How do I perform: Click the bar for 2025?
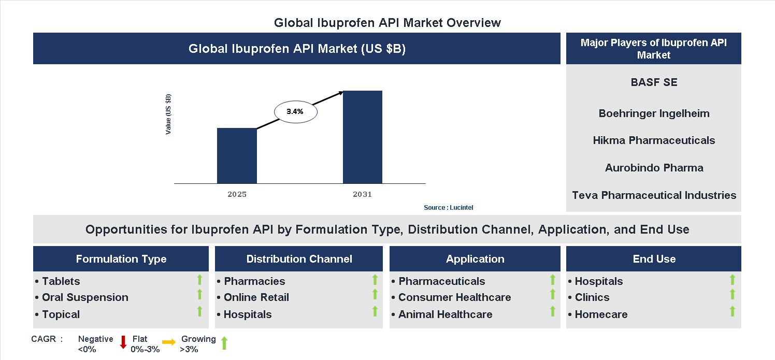[x=237, y=155]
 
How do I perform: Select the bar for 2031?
[x=363, y=137]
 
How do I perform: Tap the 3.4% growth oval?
[x=295, y=111]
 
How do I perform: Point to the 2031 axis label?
[x=362, y=195]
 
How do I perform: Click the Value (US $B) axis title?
[x=168, y=114]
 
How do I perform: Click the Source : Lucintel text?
[x=448, y=208]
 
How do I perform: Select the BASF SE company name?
[x=654, y=82]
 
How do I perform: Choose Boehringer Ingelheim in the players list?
[x=654, y=113]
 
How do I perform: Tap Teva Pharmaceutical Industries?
[x=654, y=195]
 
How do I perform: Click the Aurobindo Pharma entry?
[x=654, y=168]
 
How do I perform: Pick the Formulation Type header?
[x=121, y=259]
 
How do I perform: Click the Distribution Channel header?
[x=299, y=259]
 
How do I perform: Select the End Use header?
[x=654, y=259]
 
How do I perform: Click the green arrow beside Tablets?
[x=199, y=280]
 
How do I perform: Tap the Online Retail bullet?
[x=256, y=297]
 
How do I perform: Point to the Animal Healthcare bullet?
[x=445, y=314]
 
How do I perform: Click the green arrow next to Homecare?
[x=732, y=311]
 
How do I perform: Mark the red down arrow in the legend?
[x=123, y=342]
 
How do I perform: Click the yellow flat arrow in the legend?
[x=169, y=342]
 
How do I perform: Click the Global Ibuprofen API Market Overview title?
[x=387, y=23]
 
